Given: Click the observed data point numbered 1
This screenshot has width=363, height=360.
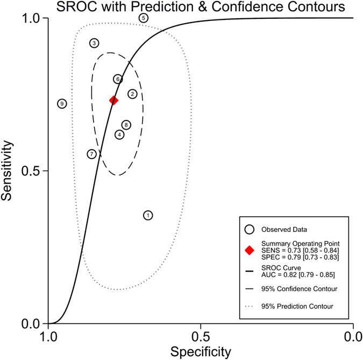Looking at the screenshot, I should point(148,215).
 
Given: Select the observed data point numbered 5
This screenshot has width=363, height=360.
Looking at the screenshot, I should point(143,18).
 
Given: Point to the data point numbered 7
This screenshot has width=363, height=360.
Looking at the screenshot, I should point(92,154).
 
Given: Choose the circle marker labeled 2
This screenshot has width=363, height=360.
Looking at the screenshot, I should point(132,94).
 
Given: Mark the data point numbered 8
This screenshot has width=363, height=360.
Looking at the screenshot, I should point(126,125).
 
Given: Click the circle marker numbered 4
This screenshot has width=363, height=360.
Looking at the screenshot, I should point(119,135).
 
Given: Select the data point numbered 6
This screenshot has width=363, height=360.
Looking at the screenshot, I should point(118,79).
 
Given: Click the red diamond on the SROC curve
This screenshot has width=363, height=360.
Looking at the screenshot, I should point(113,100).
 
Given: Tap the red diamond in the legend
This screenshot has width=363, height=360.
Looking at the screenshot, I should point(249,250).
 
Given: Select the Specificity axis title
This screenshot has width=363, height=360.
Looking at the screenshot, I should point(201,352).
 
